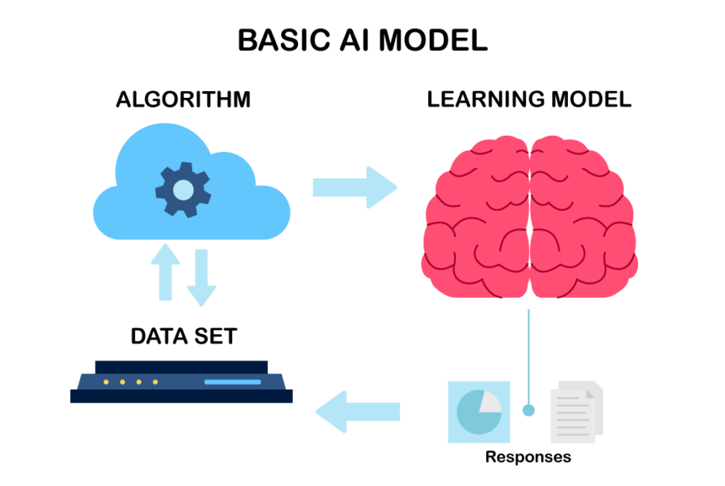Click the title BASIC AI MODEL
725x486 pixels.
click(362, 41)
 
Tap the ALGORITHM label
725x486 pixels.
click(183, 100)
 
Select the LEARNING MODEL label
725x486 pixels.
click(529, 100)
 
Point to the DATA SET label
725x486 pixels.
click(183, 336)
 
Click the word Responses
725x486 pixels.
click(529, 457)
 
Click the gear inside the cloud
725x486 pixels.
click(183, 188)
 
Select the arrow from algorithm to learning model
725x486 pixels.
click(354, 187)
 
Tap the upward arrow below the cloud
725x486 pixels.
click(164, 274)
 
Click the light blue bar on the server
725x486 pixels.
click(232, 382)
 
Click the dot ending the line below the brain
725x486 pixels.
click(529, 410)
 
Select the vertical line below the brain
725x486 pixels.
click(529, 355)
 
